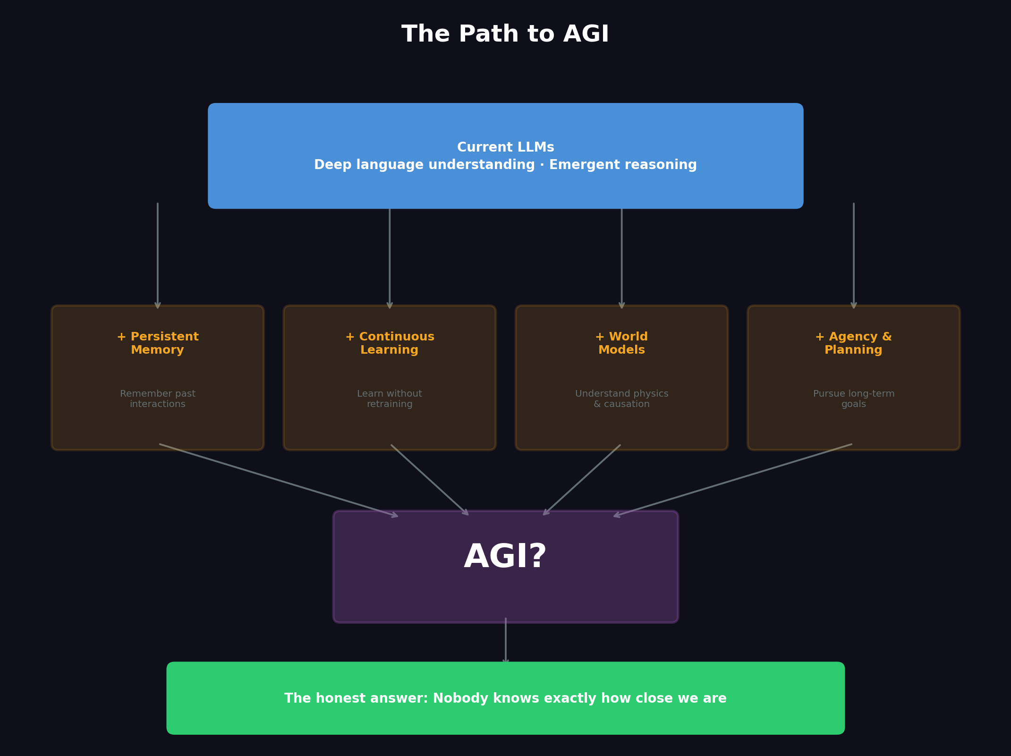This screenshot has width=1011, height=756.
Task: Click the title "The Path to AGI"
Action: [x=505, y=34]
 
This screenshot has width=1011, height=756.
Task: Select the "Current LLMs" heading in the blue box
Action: [x=505, y=147]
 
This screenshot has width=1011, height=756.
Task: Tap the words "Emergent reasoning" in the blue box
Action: [x=622, y=165]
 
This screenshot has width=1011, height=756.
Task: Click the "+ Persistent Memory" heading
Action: [x=157, y=343]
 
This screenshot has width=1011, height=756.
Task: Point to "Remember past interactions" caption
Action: [x=157, y=399]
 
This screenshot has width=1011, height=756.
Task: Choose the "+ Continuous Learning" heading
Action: [x=390, y=343]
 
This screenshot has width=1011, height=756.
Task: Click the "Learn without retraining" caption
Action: [x=390, y=399]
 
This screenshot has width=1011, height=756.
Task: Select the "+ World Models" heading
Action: [x=621, y=343]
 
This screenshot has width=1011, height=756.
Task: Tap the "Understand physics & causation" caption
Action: [x=621, y=399]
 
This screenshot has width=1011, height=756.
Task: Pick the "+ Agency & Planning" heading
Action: [x=853, y=343]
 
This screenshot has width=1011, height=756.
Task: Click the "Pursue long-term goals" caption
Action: [x=853, y=399]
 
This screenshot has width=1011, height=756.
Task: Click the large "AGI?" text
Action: [x=505, y=557]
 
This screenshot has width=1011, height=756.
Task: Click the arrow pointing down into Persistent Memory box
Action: [x=158, y=255]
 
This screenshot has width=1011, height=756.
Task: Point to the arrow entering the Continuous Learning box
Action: [x=390, y=257]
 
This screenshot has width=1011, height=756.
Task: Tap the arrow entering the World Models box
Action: [x=622, y=257]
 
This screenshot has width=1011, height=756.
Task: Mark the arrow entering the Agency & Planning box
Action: [x=854, y=255]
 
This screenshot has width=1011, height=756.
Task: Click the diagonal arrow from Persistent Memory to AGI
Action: [x=279, y=480]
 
